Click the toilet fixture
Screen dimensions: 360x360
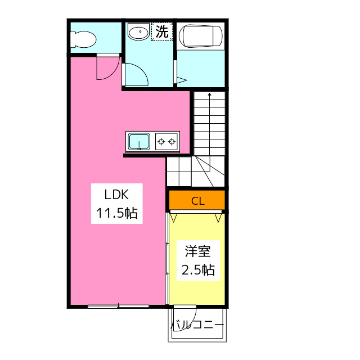(83, 39)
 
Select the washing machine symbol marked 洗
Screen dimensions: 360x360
(162, 31)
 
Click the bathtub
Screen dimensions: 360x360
(201, 36)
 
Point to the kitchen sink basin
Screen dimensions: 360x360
(139, 141)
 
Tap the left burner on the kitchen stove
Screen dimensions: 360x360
(161, 141)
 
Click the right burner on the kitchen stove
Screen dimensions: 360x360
(172, 141)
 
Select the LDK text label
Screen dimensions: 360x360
(116, 195)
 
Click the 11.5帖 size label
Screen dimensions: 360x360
(117, 213)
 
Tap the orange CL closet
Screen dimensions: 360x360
(197, 200)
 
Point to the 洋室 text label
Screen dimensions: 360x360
(197, 251)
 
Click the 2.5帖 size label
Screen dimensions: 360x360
(198, 269)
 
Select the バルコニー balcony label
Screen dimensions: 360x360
(197, 325)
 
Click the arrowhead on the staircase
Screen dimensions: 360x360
(209, 94)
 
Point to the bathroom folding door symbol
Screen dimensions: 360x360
(181, 80)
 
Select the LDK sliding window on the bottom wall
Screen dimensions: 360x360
(119, 306)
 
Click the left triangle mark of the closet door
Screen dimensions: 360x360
(173, 218)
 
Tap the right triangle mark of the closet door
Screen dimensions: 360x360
(218, 218)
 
